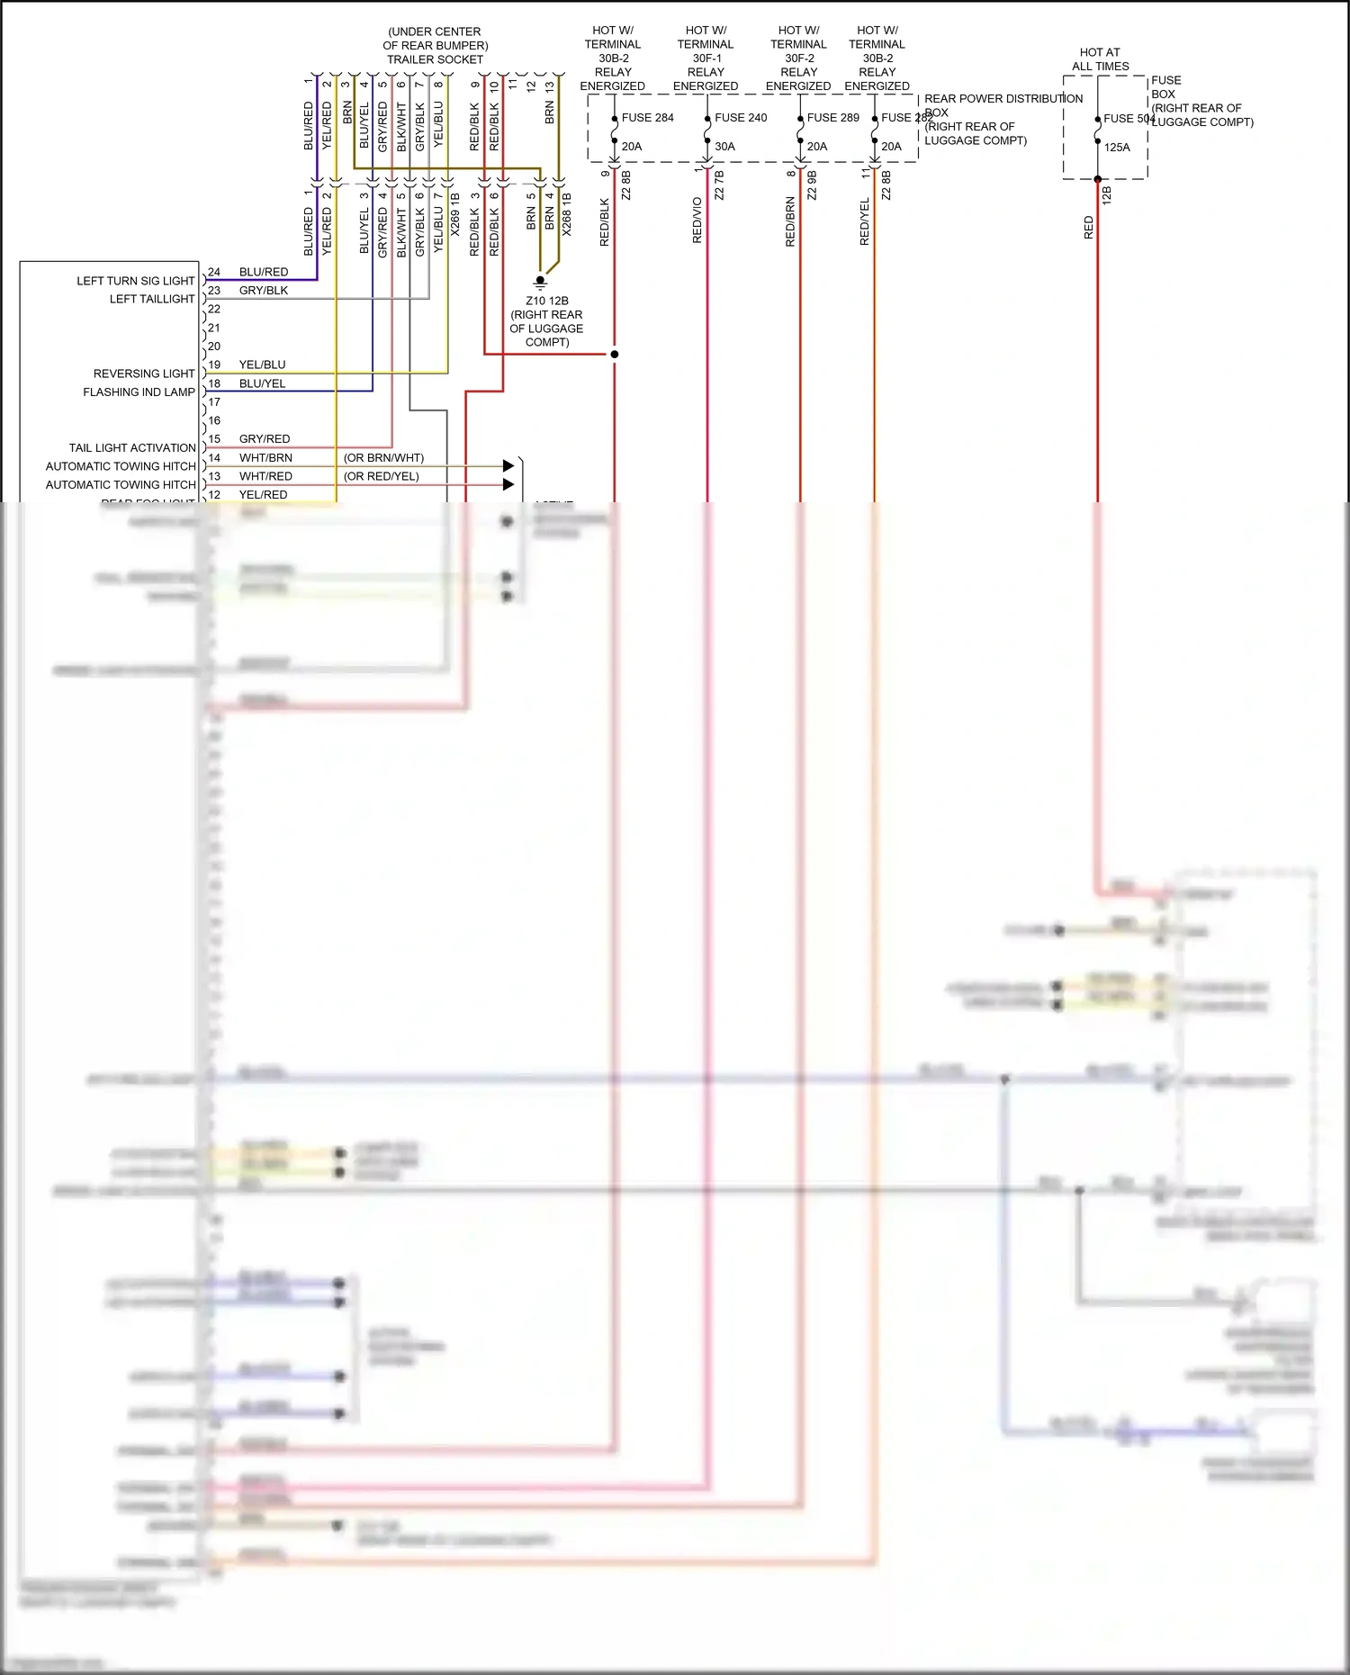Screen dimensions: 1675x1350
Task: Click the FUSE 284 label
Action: (x=647, y=118)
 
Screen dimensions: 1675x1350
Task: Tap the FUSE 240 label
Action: (x=741, y=118)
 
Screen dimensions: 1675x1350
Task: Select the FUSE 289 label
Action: (x=832, y=118)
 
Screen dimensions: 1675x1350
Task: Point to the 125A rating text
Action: (x=1117, y=148)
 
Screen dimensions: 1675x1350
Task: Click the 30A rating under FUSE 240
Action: (x=724, y=147)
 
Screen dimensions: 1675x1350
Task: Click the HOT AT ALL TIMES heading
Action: (x=1100, y=59)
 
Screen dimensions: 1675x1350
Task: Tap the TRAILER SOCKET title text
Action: (x=435, y=60)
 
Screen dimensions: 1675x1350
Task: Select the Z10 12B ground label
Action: (x=546, y=302)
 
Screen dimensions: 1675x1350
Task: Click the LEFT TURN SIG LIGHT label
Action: (x=135, y=281)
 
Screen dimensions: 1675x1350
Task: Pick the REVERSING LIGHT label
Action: (x=144, y=374)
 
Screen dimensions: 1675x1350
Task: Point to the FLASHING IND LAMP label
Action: (x=139, y=392)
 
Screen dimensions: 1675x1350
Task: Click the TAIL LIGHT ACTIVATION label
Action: (x=132, y=448)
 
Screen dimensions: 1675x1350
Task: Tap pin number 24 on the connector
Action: (x=214, y=272)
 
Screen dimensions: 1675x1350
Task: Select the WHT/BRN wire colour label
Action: (x=265, y=458)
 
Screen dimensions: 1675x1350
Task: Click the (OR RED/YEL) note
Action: (x=381, y=476)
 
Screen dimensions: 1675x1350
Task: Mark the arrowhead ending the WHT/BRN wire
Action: (x=508, y=466)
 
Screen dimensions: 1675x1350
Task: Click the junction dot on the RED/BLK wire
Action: (x=615, y=355)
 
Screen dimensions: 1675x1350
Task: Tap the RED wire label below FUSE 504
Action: (x=1089, y=227)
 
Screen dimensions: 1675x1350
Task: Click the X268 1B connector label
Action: (x=567, y=214)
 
